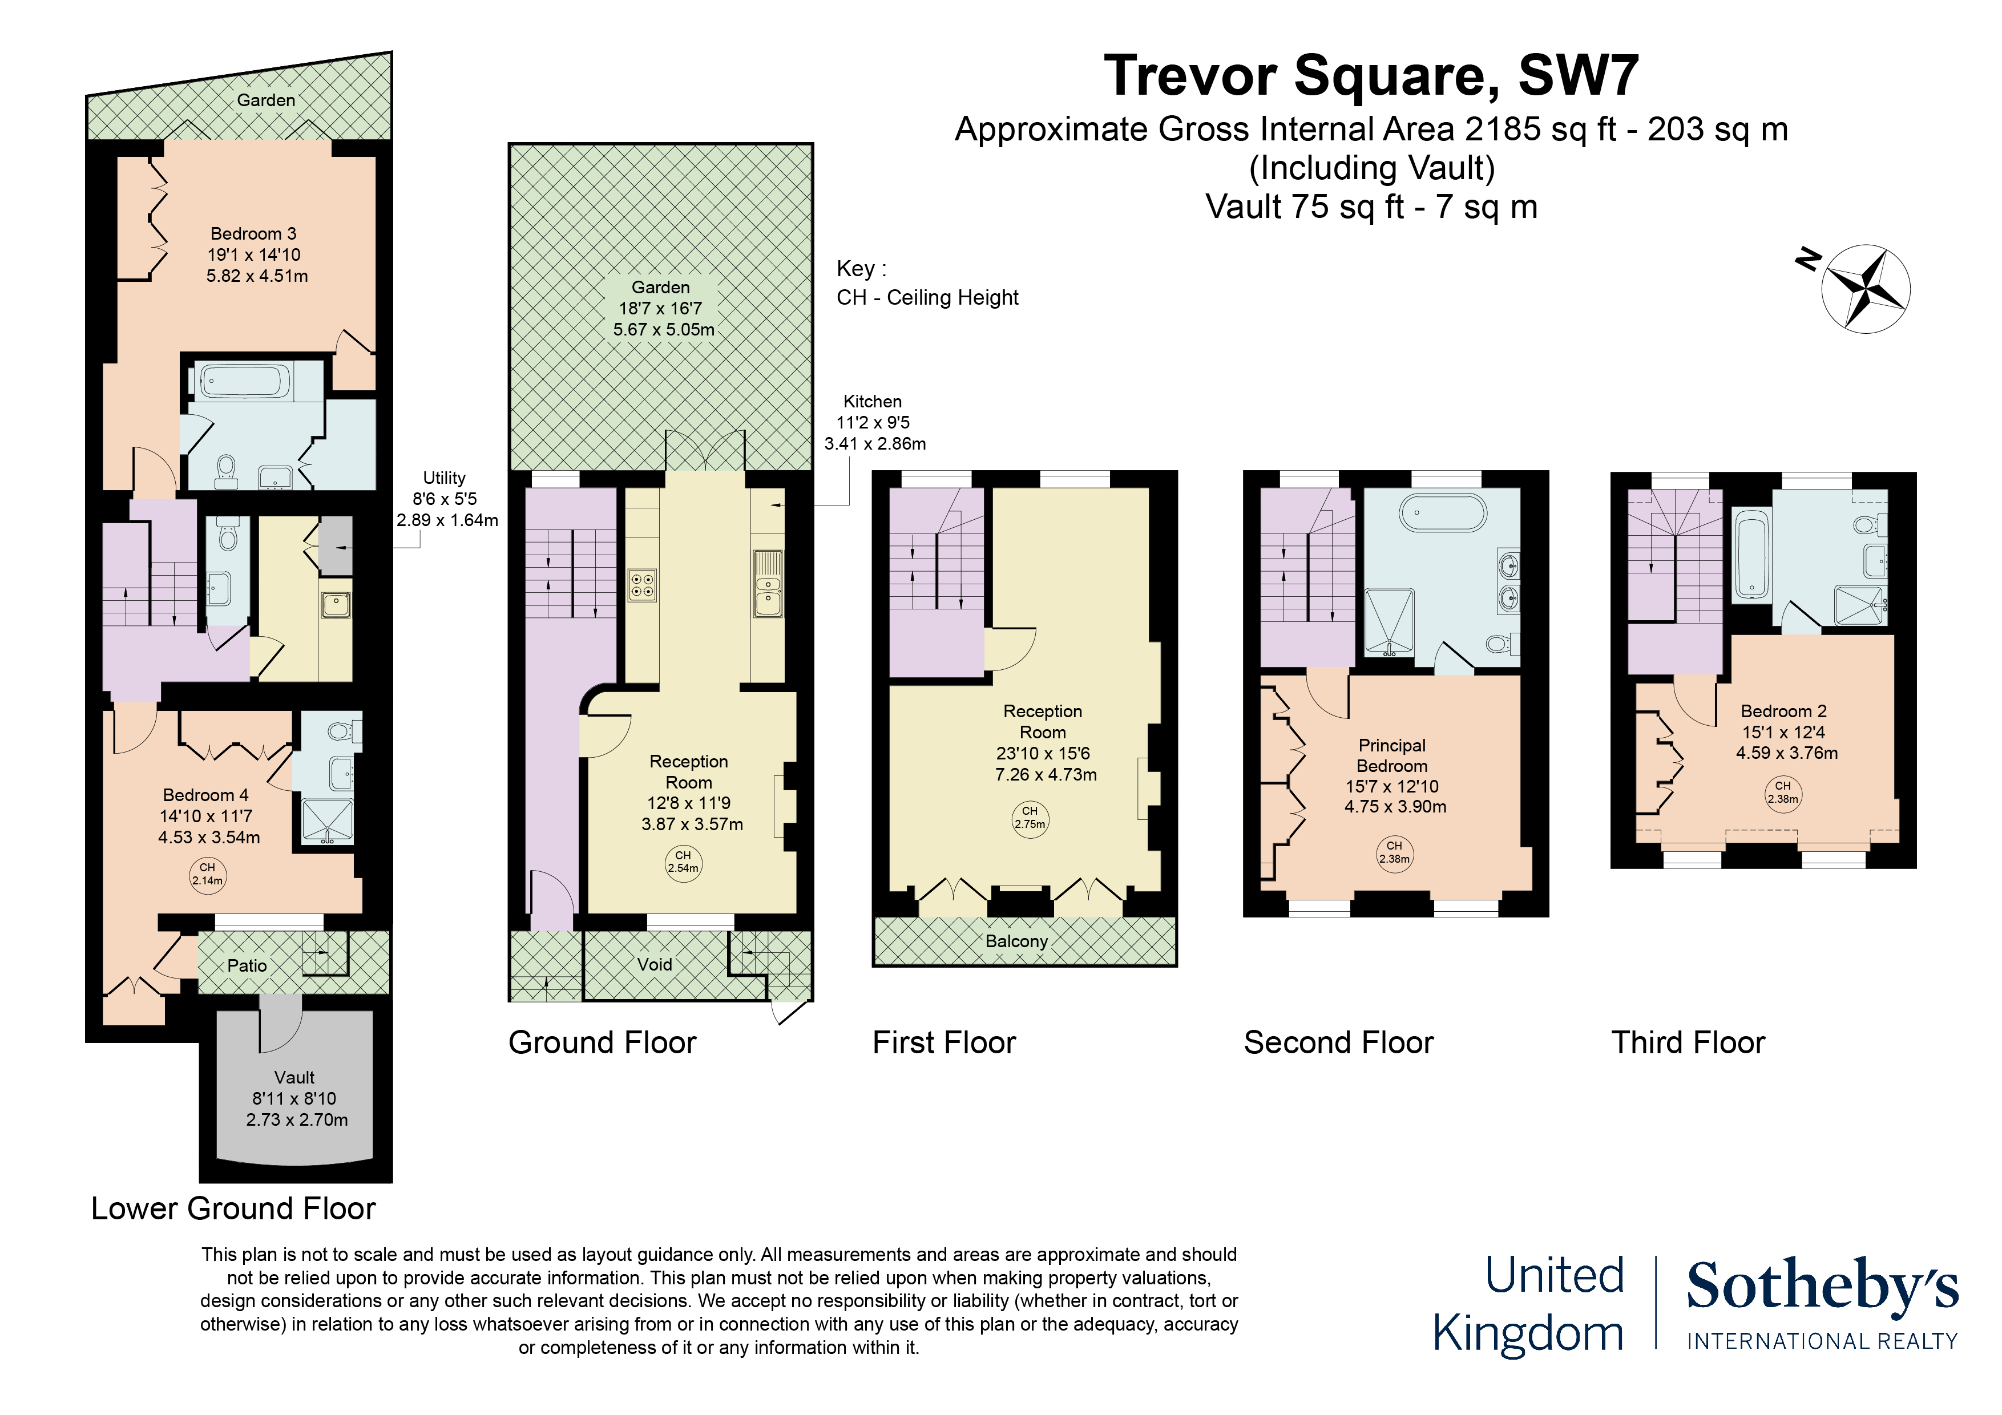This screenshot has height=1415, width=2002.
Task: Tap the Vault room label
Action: (x=294, y=1078)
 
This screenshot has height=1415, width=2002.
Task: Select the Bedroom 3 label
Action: (x=254, y=234)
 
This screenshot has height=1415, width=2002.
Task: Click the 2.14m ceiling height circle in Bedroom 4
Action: (x=208, y=874)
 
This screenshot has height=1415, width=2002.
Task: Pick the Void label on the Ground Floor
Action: (x=654, y=964)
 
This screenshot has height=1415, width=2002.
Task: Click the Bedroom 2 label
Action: (x=1783, y=711)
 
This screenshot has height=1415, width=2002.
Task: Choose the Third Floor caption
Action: (x=1688, y=1043)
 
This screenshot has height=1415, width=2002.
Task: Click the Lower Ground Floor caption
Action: (x=233, y=1208)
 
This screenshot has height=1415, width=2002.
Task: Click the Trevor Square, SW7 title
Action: (x=1371, y=76)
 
